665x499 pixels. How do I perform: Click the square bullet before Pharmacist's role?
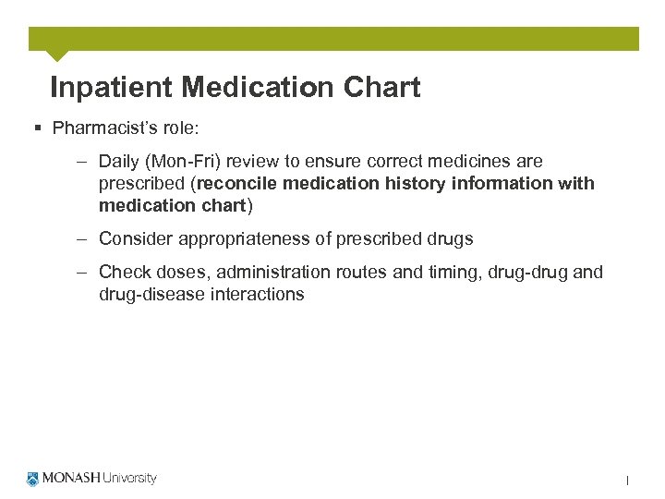pos(37,128)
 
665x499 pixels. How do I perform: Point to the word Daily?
pos(120,161)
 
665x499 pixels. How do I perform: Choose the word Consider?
pos(134,238)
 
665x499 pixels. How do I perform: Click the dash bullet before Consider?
pos(82,238)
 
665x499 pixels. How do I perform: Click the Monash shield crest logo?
pos(34,479)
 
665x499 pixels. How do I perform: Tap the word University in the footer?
pos(129,479)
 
